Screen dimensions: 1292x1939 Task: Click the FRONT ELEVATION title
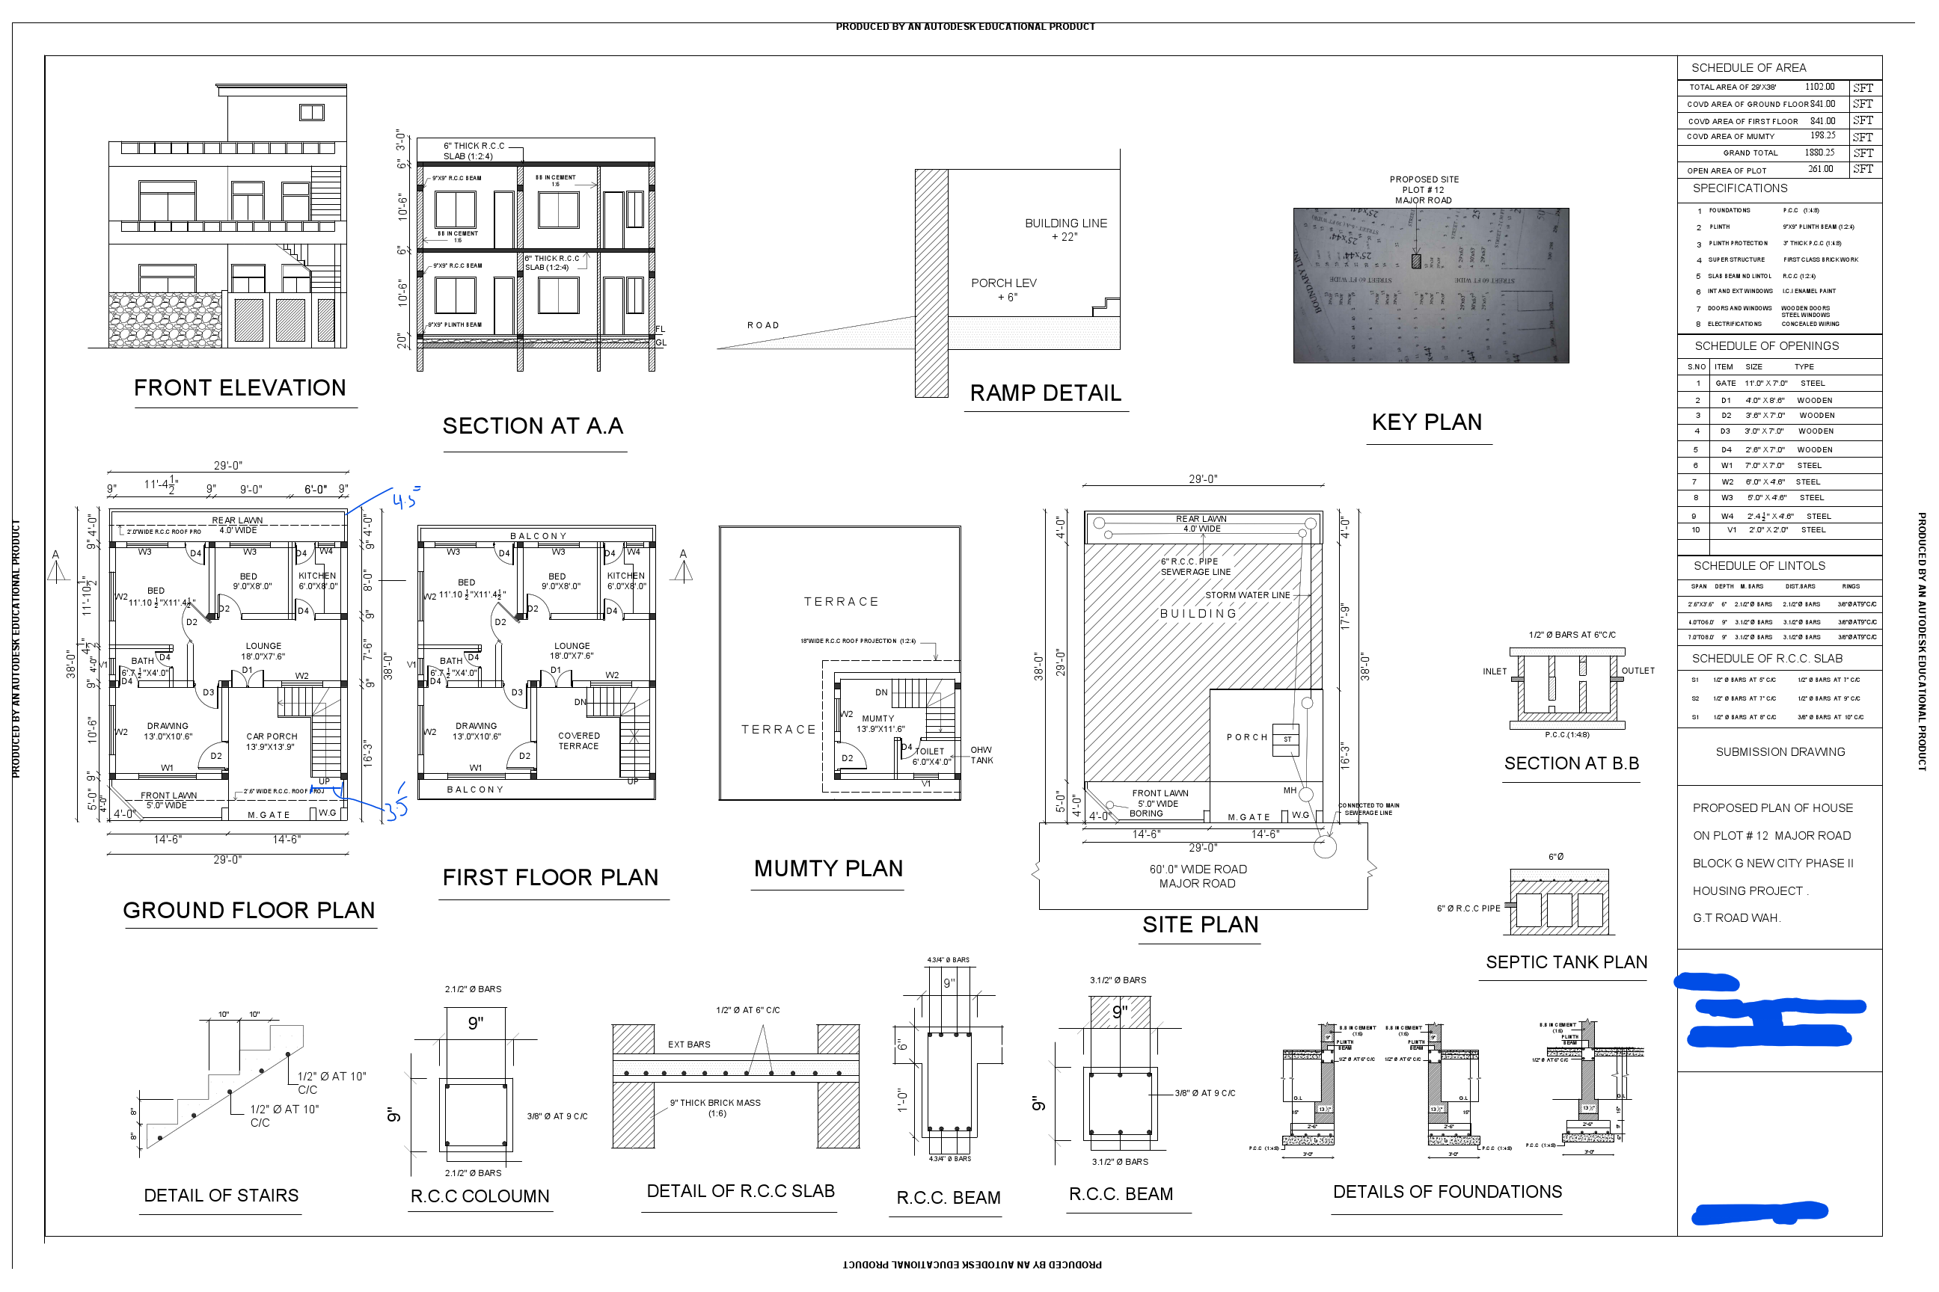click(x=240, y=388)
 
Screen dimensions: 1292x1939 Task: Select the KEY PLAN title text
click(x=1427, y=422)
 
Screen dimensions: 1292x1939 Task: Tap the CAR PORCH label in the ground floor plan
click(x=272, y=742)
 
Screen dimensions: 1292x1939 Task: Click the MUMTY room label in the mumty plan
click(x=879, y=719)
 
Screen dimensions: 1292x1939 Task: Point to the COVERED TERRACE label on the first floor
click(x=579, y=741)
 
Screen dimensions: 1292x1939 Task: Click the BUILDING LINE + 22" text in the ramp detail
click(x=1065, y=230)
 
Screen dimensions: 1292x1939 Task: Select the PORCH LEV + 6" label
click(x=1003, y=289)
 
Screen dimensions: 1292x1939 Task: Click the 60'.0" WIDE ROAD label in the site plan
click(x=1197, y=870)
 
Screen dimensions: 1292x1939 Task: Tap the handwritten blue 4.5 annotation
click(x=405, y=498)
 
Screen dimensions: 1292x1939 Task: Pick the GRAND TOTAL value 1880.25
click(x=1819, y=153)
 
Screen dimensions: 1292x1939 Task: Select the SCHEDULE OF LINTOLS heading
click(x=1759, y=566)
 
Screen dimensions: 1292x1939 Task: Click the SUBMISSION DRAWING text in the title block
click(x=1780, y=752)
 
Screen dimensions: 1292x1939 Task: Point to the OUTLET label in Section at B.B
click(x=1638, y=671)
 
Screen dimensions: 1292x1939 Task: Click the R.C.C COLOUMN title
click(x=480, y=1196)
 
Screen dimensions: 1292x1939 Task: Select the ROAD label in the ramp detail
click(x=762, y=325)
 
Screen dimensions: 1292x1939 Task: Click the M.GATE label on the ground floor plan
click(x=269, y=815)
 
